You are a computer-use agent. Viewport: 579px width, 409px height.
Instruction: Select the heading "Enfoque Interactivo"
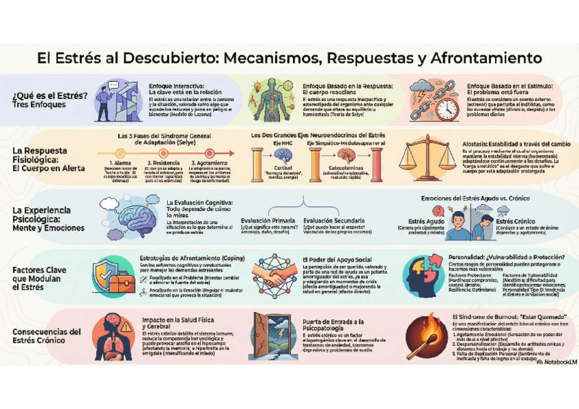[177, 86]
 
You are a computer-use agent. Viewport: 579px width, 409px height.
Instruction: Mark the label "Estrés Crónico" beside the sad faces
[514, 221]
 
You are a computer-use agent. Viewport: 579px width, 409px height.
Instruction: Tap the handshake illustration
[274, 276]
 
